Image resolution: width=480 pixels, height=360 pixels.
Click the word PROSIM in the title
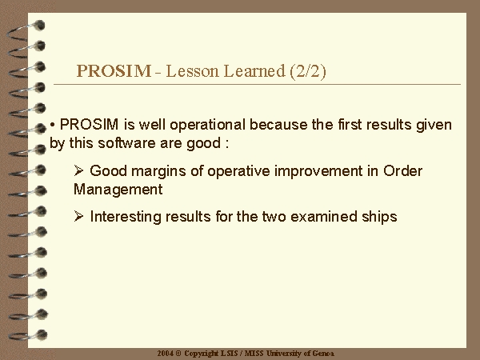pos(114,71)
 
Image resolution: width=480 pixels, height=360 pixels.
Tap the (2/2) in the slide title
pos(308,71)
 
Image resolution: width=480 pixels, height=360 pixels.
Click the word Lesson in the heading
pos(192,71)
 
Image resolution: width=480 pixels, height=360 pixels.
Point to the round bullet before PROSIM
pos(52,125)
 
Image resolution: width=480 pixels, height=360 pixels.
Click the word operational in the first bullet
pos(207,125)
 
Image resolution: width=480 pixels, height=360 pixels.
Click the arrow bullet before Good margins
pos(78,170)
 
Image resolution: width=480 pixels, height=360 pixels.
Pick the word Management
pos(118,189)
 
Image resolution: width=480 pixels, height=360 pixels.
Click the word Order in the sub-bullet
pos(403,171)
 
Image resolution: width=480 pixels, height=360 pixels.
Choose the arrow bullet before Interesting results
pos(78,216)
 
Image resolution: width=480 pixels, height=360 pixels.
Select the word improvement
pos(318,171)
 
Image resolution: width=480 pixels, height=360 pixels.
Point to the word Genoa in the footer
pos(323,354)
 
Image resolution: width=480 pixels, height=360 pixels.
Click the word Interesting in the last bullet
pos(126,217)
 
